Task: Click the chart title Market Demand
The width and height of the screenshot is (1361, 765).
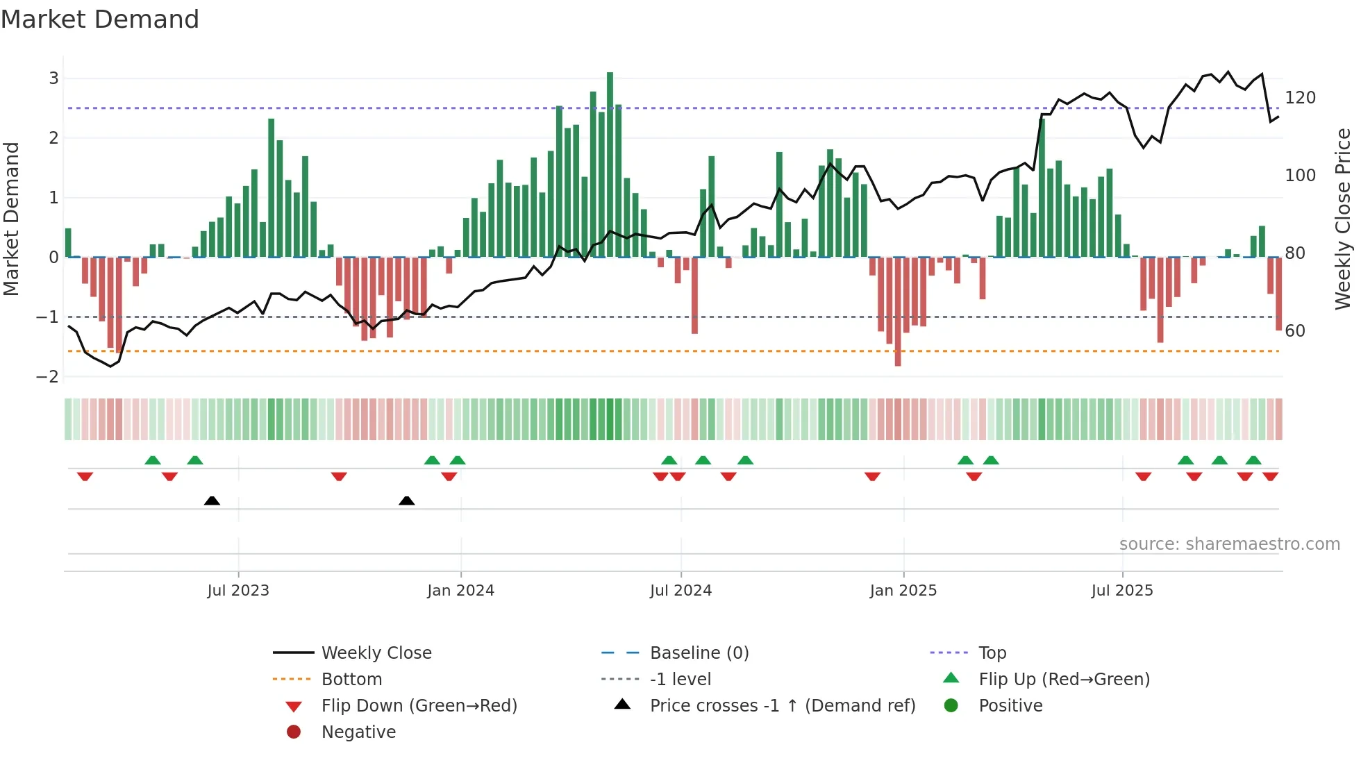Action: coord(100,19)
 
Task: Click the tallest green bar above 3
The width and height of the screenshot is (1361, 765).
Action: coord(610,165)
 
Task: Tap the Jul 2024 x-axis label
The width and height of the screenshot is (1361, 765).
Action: coord(680,590)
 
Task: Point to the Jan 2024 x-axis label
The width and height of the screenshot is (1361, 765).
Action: coord(460,590)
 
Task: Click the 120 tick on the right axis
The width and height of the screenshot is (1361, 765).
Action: coord(1300,98)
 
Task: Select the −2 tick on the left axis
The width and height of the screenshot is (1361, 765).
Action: coord(48,377)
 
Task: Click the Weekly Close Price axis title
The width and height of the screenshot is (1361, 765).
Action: coord(1343,219)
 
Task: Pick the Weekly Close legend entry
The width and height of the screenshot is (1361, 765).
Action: coord(376,653)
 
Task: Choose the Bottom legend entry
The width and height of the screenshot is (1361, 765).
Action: coord(351,679)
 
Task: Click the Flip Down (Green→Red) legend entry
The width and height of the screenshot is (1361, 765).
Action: coord(419,705)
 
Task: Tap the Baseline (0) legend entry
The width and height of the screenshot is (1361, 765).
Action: coord(699,653)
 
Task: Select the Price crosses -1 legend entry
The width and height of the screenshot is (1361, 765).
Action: coord(782,705)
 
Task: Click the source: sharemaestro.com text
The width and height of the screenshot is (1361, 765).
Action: coord(1229,544)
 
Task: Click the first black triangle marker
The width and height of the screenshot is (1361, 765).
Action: coord(212,501)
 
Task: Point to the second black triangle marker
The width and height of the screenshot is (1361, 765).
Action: coord(407,501)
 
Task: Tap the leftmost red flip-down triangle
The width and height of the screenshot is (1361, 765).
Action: coord(85,476)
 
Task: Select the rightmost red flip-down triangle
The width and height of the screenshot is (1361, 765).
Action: coord(1270,476)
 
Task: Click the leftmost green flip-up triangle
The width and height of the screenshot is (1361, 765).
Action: coord(153,460)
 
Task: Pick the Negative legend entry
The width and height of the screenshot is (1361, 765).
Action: coord(358,732)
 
